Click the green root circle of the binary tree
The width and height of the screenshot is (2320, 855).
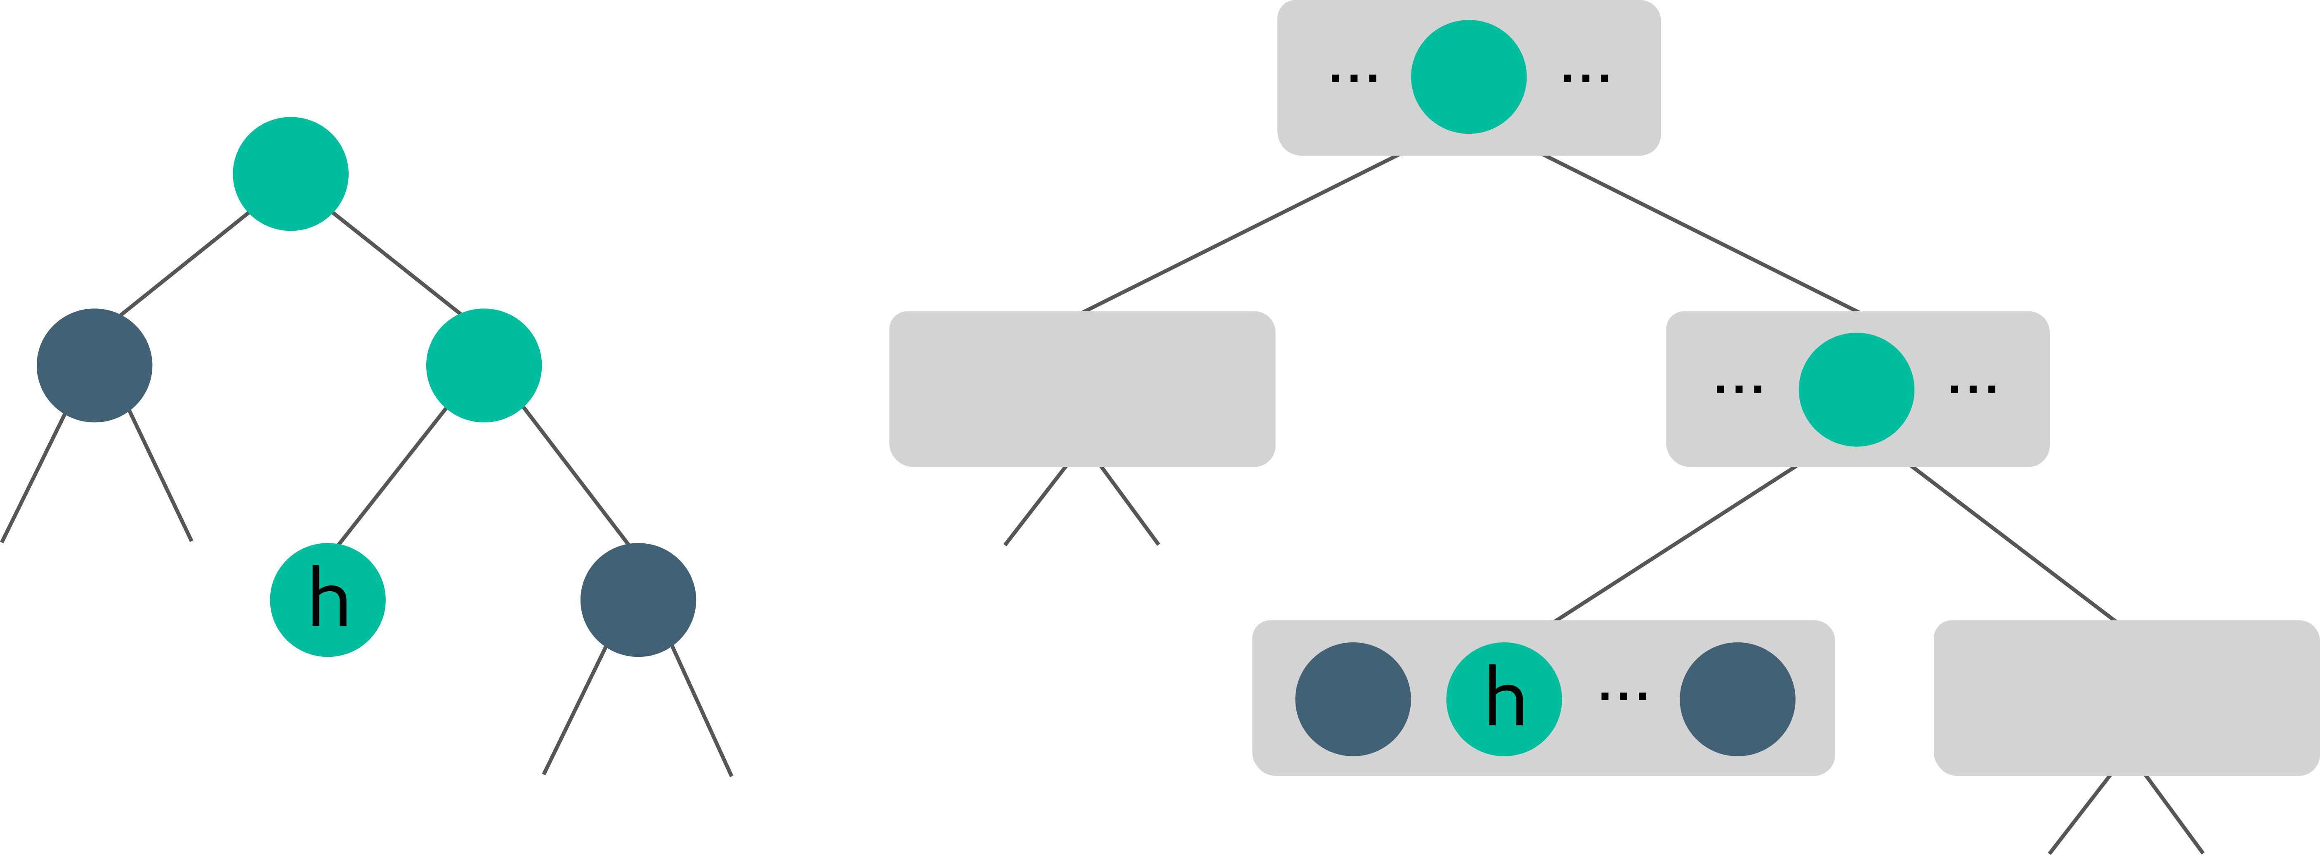click(290, 174)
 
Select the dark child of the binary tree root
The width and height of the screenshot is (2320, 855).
click(94, 365)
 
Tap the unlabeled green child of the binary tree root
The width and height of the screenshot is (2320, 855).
click(484, 365)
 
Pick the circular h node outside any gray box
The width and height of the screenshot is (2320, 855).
click(328, 600)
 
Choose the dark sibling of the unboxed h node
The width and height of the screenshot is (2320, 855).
click(637, 600)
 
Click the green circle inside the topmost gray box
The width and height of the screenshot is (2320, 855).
click(1468, 78)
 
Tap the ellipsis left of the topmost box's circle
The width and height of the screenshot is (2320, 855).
click(1354, 78)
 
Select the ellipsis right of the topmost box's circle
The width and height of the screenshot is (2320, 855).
click(1585, 78)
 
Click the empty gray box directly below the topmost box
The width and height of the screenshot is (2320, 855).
click(1082, 388)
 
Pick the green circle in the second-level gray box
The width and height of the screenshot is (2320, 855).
click(1856, 389)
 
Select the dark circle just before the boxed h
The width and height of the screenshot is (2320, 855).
click(1353, 699)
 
